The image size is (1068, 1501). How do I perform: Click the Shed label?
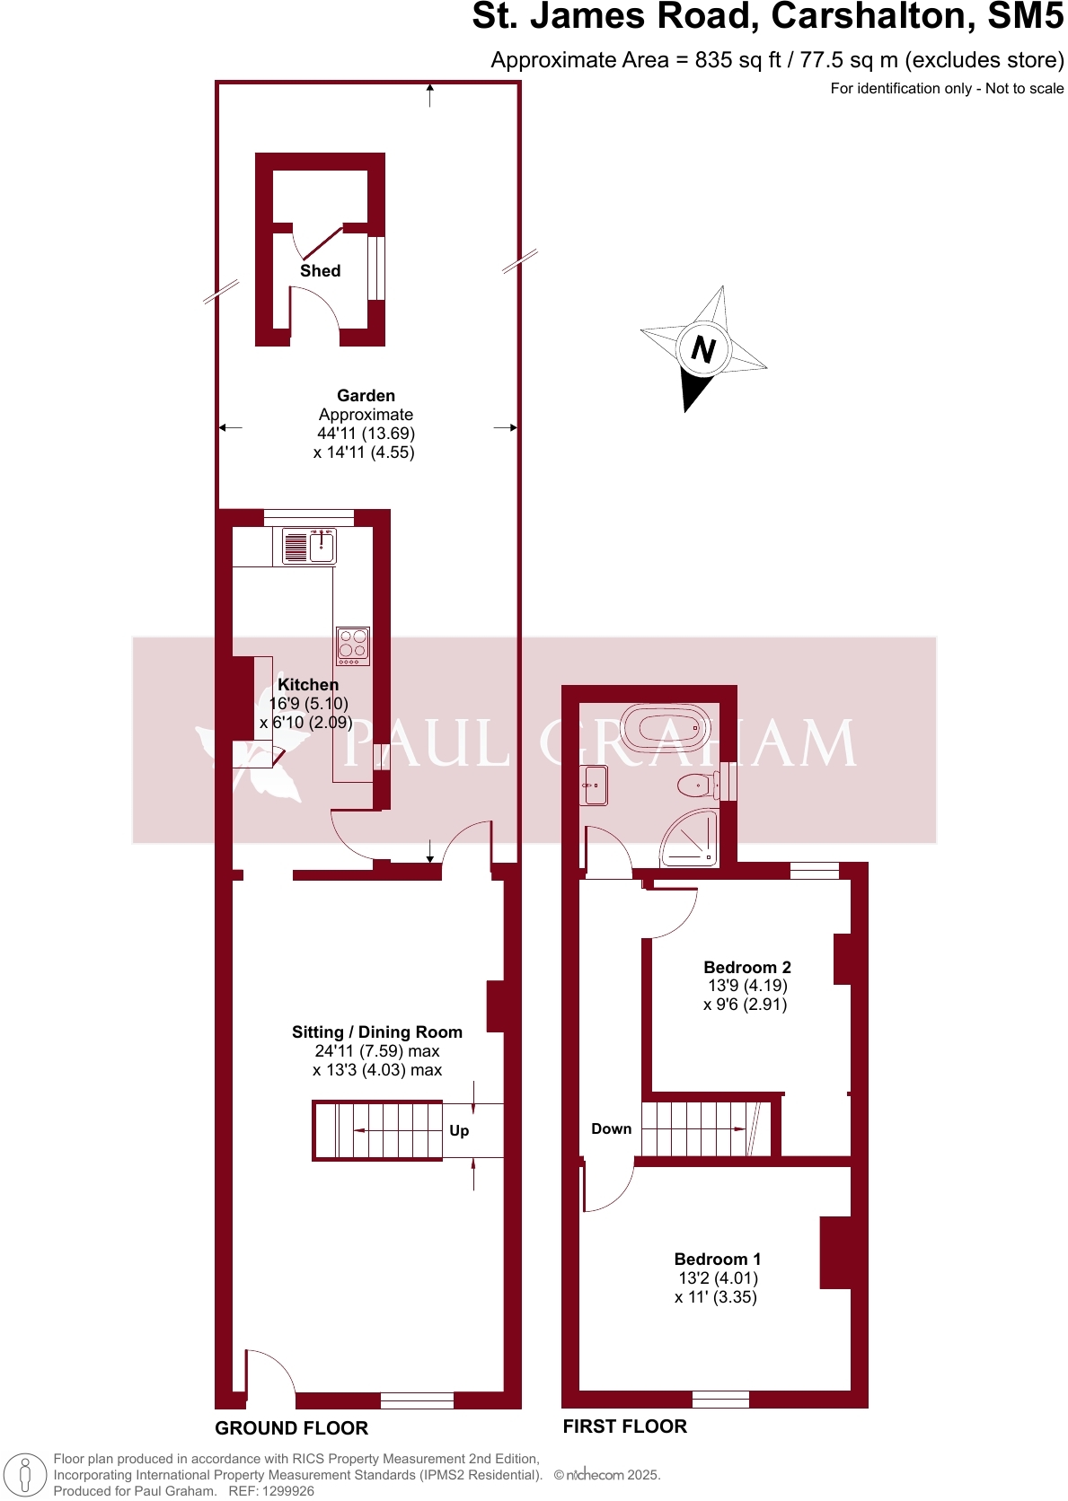click(320, 271)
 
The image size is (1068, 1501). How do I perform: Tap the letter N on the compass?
click(703, 349)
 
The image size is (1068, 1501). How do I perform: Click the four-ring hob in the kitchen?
click(353, 645)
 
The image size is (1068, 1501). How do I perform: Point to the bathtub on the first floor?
click(666, 727)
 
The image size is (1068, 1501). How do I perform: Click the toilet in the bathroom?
click(696, 786)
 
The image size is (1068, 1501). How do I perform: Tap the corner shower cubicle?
click(693, 838)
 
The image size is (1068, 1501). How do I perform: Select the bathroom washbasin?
click(595, 786)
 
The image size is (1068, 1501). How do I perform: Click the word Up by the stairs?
click(459, 1131)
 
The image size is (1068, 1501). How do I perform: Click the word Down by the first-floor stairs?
click(611, 1129)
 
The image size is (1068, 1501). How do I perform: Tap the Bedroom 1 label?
click(717, 1260)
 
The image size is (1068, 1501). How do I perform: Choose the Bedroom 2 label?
click(746, 968)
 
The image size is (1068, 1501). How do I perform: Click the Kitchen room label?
click(308, 685)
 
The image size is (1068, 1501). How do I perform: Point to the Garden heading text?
click(366, 396)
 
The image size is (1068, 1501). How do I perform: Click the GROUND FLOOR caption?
click(291, 1428)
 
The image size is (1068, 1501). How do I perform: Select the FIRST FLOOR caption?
click(624, 1426)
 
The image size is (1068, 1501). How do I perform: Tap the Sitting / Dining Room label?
click(376, 1032)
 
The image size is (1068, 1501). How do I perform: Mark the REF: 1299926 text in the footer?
click(271, 1491)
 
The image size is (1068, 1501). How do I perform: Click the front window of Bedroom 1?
click(720, 1399)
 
